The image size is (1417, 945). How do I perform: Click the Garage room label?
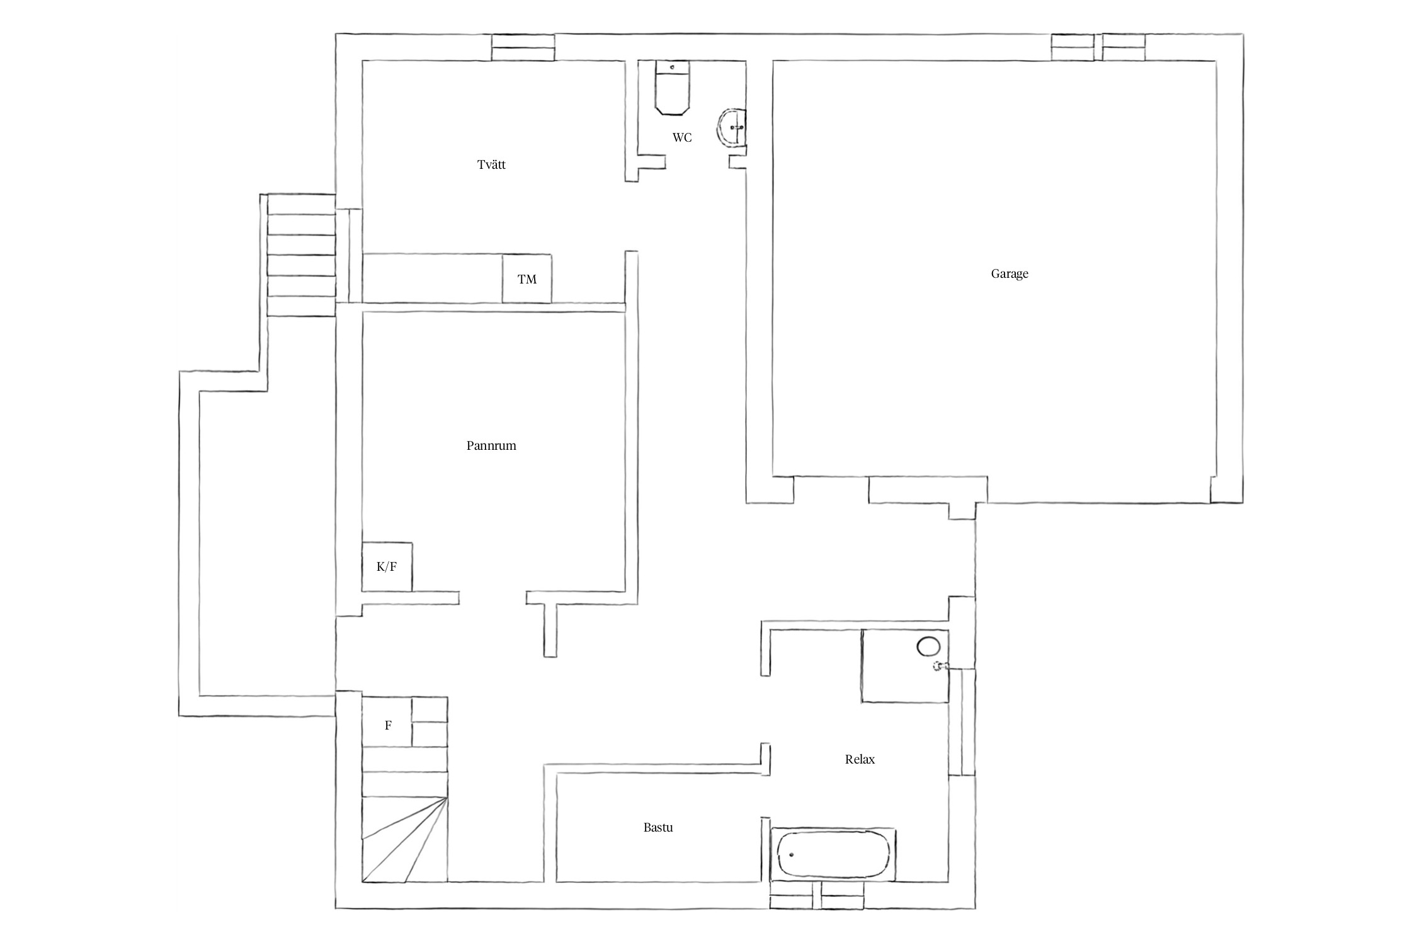click(1009, 274)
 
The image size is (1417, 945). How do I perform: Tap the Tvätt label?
click(491, 165)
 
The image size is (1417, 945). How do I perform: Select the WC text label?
click(682, 137)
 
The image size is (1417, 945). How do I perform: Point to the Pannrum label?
click(491, 446)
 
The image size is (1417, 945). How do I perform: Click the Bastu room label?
click(658, 827)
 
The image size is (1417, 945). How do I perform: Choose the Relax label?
click(860, 759)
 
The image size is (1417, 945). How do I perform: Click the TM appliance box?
click(527, 278)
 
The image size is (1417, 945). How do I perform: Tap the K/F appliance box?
click(387, 567)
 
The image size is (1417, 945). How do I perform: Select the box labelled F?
click(387, 722)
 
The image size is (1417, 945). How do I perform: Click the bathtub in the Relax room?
click(833, 854)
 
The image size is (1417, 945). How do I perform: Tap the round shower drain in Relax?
click(928, 647)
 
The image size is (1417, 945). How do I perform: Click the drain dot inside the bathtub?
click(792, 855)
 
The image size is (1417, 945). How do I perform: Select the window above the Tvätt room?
click(523, 48)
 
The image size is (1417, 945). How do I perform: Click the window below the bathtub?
click(817, 895)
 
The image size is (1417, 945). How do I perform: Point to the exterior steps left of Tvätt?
click(301, 255)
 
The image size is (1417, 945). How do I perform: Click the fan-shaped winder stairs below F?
click(404, 839)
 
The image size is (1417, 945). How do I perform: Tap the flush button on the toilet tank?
click(673, 67)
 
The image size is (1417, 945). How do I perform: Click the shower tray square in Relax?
click(905, 665)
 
